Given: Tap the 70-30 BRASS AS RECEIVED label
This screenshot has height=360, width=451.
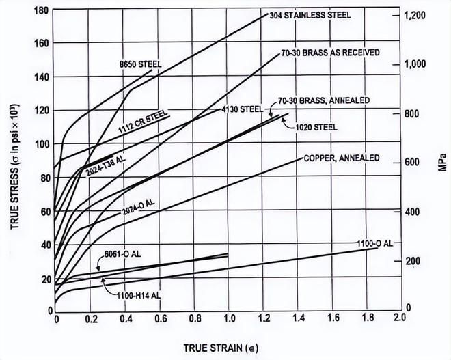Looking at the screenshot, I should click(331, 53).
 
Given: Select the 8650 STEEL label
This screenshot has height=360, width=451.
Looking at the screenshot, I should click(139, 64).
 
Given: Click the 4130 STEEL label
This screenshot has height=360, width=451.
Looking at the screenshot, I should click(243, 109).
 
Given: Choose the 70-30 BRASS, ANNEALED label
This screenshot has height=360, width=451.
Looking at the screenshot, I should click(325, 100).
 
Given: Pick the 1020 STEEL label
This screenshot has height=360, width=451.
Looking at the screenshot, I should click(316, 127).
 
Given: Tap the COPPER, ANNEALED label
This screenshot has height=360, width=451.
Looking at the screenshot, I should click(342, 158).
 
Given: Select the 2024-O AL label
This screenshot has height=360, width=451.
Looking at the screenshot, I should click(139, 207).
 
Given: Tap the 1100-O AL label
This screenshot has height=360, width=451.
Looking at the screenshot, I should click(374, 243).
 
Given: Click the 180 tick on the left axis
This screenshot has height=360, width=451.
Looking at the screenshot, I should click(43, 12).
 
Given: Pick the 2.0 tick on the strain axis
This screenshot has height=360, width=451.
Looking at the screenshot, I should click(399, 318).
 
